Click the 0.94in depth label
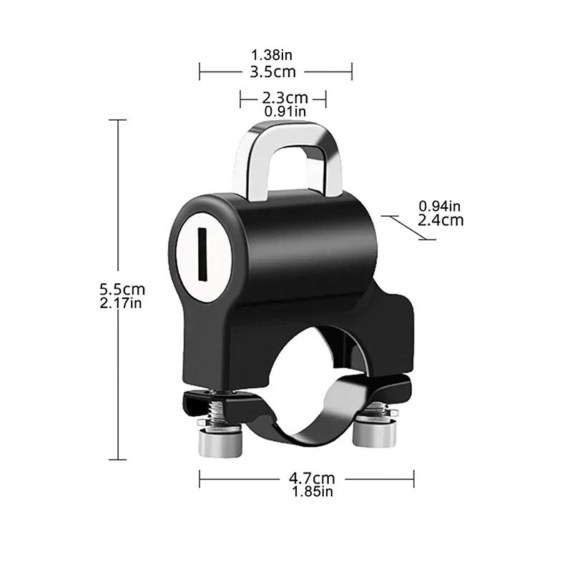[440, 206]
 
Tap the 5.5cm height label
[122, 289]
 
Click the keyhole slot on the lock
[202, 255]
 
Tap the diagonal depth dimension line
[409, 227]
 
